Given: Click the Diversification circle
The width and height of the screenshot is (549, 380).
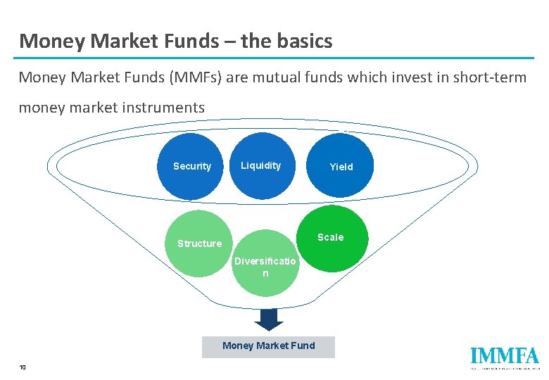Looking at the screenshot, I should tap(265, 264).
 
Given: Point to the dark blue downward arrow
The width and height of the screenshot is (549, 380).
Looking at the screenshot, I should tap(268, 319).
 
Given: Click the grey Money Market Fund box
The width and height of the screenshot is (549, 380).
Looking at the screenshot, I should tap(268, 346).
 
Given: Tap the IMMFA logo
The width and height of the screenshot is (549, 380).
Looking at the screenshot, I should tap(504, 357).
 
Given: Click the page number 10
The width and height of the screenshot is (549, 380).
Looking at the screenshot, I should tap(23, 367).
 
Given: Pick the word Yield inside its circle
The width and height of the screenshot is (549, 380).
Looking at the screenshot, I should tap(341, 167).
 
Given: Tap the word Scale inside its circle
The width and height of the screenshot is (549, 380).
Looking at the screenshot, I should tap(330, 237).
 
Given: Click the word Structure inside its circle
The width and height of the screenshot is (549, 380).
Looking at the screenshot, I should tap(199, 243).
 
